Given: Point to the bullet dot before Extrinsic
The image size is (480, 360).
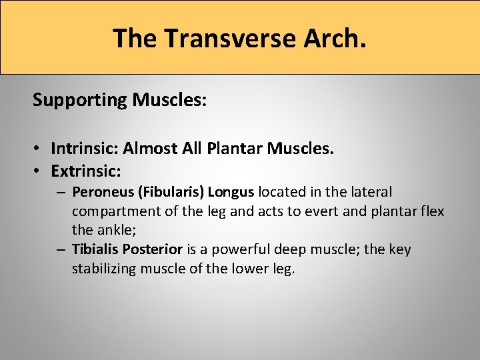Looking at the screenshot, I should tap(40, 171).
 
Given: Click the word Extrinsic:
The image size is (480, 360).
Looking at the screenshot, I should tap(86, 171).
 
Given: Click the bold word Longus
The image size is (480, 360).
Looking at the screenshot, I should tap(231, 193).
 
